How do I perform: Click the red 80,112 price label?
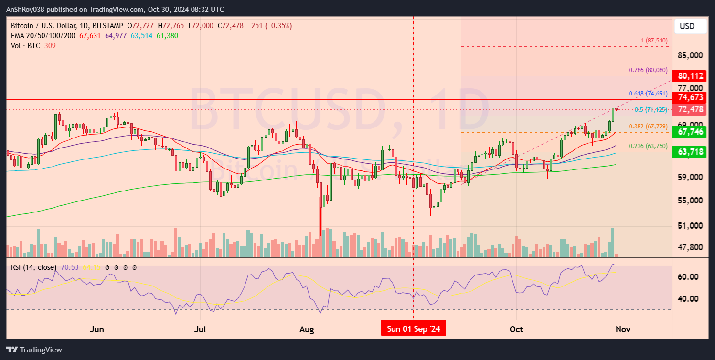(x=689, y=76)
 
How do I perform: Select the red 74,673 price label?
(x=689, y=97)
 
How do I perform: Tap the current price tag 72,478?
(x=689, y=109)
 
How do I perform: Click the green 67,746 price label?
(x=689, y=131)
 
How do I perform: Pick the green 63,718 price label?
(x=689, y=152)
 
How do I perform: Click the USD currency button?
(x=690, y=26)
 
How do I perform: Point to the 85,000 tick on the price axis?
(x=690, y=55)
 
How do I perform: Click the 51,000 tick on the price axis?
(x=690, y=225)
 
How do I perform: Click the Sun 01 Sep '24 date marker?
(x=413, y=329)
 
